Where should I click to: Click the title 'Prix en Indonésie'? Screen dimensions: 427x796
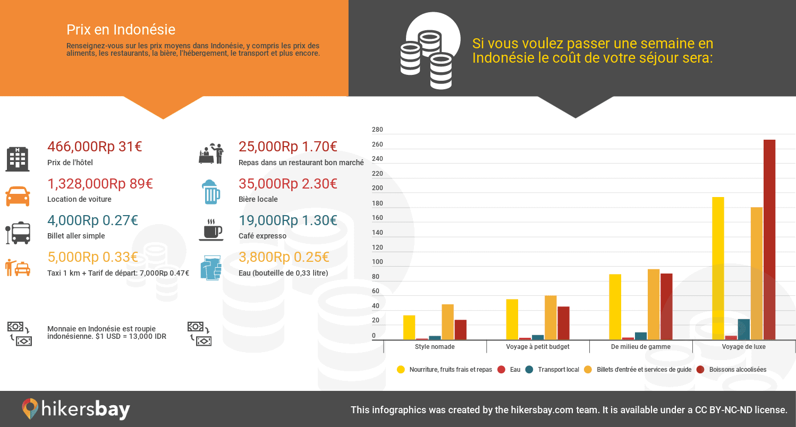click(x=121, y=29)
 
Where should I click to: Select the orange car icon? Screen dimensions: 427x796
click(x=18, y=196)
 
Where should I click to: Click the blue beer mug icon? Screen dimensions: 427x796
click(x=211, y=192)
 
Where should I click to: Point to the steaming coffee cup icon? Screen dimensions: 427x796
click(x=211, y=229)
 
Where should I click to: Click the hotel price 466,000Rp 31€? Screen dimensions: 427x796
click(x=95, y=147)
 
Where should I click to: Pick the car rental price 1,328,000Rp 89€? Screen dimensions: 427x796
click(x=100, y=184)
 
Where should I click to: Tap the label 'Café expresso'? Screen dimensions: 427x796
click(x=262, y=236)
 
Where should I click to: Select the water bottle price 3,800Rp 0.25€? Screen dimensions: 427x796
click(x=284, y=257)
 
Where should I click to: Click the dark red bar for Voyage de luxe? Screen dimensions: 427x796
click(x=769, y=239)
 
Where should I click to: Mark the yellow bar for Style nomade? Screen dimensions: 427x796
click(x=409, y=327)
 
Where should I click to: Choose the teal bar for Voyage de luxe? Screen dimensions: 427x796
click(x=743, y=329)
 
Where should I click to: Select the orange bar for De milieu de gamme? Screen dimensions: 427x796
click(x=653, y=304)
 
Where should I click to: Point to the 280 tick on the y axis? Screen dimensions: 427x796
click(x=377, y=130)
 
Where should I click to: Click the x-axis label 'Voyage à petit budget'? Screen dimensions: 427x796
click(x=538, y=346)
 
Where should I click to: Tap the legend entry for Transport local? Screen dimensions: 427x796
click(x=553, y=369)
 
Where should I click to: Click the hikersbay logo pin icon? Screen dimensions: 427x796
click(x=30, y=409)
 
